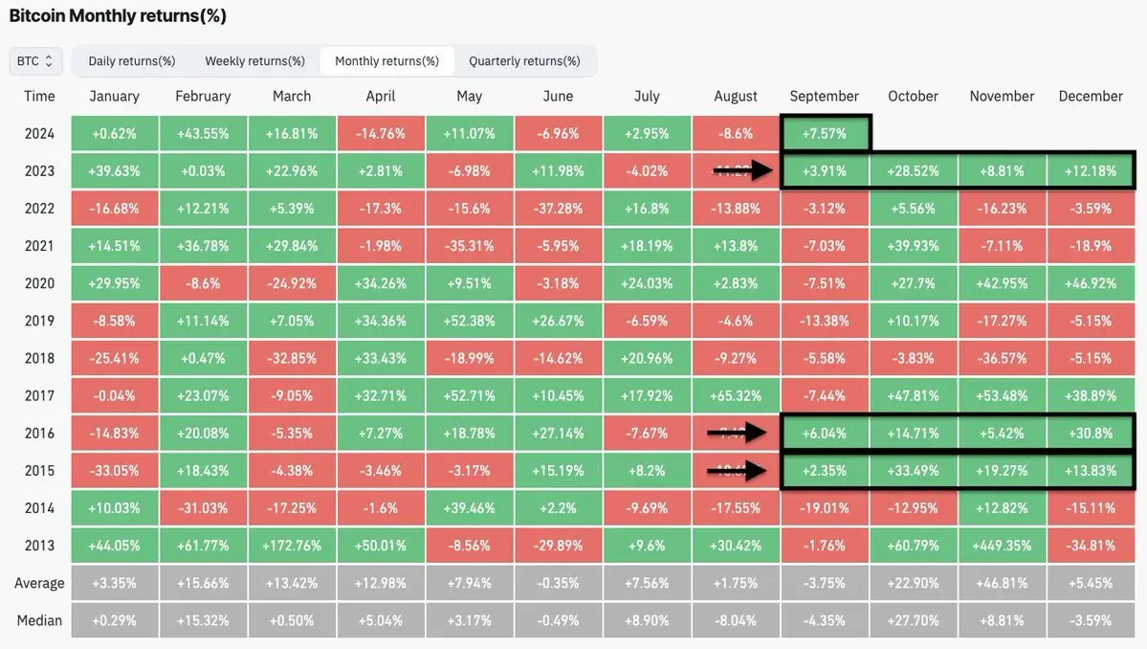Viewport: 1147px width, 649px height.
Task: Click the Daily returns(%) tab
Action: tap(132, 61)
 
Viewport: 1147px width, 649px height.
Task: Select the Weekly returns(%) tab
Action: tap(254, 61)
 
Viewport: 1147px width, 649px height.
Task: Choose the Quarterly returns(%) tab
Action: tap(524, 61)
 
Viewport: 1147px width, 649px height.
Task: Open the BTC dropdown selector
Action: tap(35, 61)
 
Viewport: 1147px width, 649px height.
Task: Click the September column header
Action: tap(825, 96)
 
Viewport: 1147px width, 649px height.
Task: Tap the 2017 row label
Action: tap(39, 395)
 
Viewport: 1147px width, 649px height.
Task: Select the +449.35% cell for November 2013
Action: tap(1002, 546)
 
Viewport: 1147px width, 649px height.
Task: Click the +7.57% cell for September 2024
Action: tap(825, 134)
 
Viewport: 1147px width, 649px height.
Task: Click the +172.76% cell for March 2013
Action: tap(292, 546)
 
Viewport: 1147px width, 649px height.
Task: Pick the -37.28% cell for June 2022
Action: tap(558, 209)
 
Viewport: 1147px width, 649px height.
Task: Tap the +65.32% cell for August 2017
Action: tap(736, 395)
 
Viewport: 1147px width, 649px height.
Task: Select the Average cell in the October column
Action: tap(913, 583)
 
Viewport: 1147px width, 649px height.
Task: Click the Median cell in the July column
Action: tap(647, 620)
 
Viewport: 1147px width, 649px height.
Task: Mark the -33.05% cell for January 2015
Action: tap(114, 471)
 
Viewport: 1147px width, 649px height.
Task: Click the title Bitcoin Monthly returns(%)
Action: tap(118, 16)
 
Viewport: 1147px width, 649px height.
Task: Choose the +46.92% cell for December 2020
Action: tap(1091, 283)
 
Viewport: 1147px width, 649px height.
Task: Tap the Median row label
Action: tap(39, 620)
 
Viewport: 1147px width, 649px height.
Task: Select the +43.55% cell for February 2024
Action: tap(203, 134)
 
